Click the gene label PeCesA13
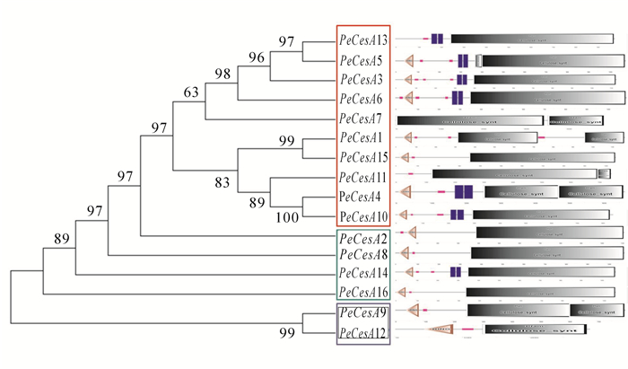pyautogui.click(x=362, y=40)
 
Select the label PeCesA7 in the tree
pyautogui.click(x=361, y=119)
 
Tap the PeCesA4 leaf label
pyautogui.click(x=361, y=196)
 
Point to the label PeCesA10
pyautogui.click(x=362, y=215)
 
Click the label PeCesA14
pyautogui.click(x=362, y=273)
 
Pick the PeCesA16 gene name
pyautogui.click(x=362, y=292)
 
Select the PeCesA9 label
pyautogui.click(x=361, y=313)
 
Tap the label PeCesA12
pyautogui.click(x=362, y=333)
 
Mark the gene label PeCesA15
pyautogui.click(x=362, y=157)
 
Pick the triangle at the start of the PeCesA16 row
pyautogui.click(x=403, y=292)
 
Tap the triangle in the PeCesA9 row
pyautogui.click(x=415, y=310)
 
